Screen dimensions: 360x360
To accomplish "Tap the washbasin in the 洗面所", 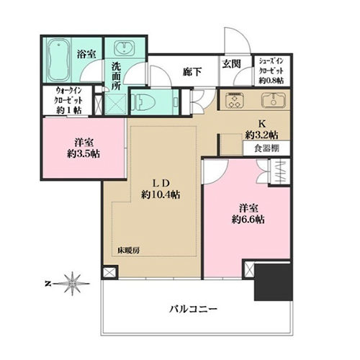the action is point(124,48).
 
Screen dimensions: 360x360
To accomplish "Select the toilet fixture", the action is point(143,102).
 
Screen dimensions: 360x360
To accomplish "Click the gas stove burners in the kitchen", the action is point(235,100).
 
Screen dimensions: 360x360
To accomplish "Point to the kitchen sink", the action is point(273,100).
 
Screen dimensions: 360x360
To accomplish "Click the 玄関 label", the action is point(231,64).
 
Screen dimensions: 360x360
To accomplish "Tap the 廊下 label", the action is point(192,72).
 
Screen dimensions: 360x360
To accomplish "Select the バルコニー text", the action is point(194,309).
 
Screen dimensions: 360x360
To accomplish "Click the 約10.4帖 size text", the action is point(161,195).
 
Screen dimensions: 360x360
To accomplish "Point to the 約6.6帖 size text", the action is point(248,220).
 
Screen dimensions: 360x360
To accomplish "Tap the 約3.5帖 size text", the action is point(84,154).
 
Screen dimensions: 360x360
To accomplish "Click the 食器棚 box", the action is point(266,148).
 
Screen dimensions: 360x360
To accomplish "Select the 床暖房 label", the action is point(128,251).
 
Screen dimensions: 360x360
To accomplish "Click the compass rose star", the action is point(73,284).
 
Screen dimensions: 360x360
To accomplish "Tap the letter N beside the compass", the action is point(48,284).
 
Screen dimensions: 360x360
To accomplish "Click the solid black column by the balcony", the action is point(274,282).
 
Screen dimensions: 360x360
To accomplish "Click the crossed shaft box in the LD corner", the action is point(109,272).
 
